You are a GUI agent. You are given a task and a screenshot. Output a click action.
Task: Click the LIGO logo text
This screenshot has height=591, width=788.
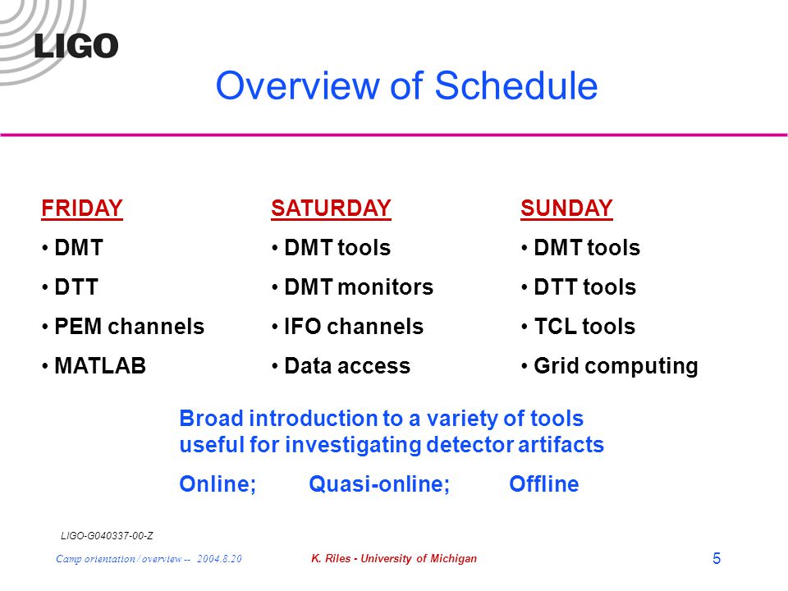pyautogui.click(x=76, y=46)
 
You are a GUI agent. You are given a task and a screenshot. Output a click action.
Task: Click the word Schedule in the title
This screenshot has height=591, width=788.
pyautogui.click(x=516, y=85)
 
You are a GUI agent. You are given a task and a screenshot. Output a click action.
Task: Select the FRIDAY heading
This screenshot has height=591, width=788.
pyautogui.click(x=82, y=208)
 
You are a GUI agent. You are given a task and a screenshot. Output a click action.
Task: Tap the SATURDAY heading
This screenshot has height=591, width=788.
pyautogui.click(x=331, y=208)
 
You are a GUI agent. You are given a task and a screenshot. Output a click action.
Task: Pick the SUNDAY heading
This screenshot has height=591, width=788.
pyautogui.click(x=566, y=208)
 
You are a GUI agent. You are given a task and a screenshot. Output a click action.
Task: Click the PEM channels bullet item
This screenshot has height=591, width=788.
pyautogui.click(x=129, y=326)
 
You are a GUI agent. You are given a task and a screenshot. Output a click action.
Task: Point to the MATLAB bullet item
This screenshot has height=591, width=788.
pyautogui.click(x=100, y=365)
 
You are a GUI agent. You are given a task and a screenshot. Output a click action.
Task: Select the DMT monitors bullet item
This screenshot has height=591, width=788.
pyautogui.click(x=359, y=287)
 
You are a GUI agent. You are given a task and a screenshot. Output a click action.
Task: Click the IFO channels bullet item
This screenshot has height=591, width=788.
pyautogui.click(x=354, y=326)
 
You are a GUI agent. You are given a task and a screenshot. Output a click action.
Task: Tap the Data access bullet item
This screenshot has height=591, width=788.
pyautogui.click(x=347, y=365)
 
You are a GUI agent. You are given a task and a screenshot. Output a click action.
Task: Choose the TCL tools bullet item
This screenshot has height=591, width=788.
pyautogui.click(x=584, y=326)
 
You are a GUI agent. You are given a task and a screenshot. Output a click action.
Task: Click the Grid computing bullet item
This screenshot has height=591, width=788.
pyautogui.click(x=616, y=366)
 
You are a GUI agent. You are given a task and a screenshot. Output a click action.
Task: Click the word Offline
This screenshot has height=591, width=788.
pyautogui.click(x=543, y=483)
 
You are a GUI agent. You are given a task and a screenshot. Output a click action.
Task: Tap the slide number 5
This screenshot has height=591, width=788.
pyautogui.click(x=717, y=558)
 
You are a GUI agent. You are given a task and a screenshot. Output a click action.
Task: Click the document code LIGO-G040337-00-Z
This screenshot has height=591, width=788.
pyautogui.click(x=107, y=536)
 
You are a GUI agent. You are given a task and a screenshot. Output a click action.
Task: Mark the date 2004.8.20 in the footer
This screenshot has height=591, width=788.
pyautogui.click(x=219, y=558)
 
